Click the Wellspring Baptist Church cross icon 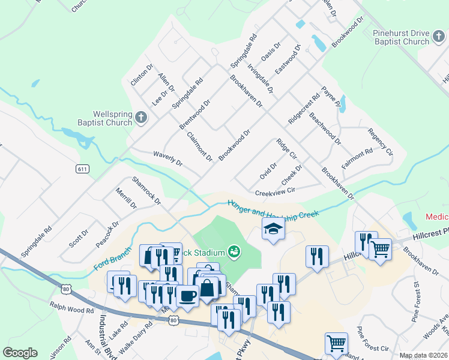141,117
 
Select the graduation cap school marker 273,229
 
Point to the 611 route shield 83,169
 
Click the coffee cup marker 187,295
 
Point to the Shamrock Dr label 146,190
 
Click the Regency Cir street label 380,141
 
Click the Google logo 20,353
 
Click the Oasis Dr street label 271,52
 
